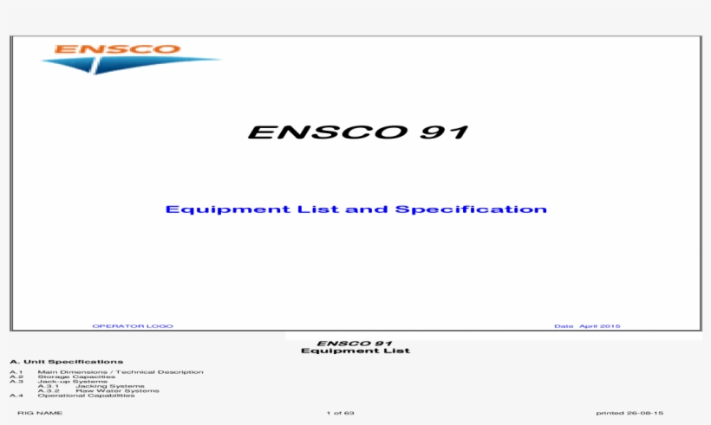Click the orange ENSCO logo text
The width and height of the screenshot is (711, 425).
pos(117,48)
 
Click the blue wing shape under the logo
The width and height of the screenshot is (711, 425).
pos(130,64)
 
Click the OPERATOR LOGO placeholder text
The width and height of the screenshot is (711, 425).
pos(133,326)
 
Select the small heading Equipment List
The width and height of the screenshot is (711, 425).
pos(355,351)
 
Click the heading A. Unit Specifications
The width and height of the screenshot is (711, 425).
pos(67,361)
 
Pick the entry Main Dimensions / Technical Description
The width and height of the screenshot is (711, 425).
pos(121,371)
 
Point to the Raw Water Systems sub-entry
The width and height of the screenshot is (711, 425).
pos(117,390)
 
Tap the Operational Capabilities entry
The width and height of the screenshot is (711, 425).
pos(86,396)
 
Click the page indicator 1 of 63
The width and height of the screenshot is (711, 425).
pos(341,413)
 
